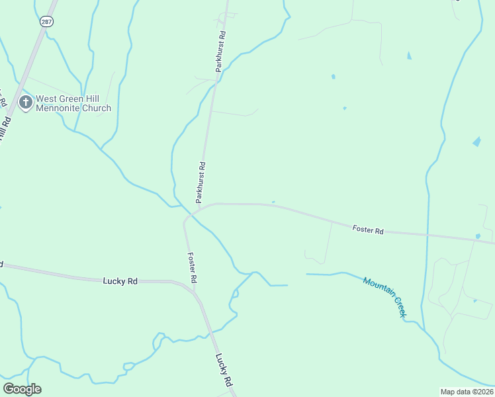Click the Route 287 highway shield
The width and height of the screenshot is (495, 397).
(46, 22)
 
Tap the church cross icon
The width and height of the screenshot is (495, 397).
(26, 103)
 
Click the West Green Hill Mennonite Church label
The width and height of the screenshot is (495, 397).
(73, 103)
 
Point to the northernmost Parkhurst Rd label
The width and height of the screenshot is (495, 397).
(221, 51)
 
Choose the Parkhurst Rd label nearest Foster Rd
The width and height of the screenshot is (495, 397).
(201, 182)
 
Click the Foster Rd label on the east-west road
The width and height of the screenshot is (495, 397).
(368, 230)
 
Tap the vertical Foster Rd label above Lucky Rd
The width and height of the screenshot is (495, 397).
(192, 268)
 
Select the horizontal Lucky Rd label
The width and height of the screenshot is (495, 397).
(120, 281)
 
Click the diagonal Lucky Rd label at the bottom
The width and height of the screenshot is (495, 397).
(224, 370)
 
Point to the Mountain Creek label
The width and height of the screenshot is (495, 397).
(384, 296)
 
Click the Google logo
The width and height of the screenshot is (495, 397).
(22, 389)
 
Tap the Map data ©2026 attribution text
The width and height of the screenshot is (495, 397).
(467, 392)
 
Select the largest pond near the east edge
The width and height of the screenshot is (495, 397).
(476, 142)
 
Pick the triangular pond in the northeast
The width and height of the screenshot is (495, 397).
(408, 56)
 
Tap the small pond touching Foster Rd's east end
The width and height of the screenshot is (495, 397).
(478, 236)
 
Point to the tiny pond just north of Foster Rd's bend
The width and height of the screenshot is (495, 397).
(273, 202)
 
